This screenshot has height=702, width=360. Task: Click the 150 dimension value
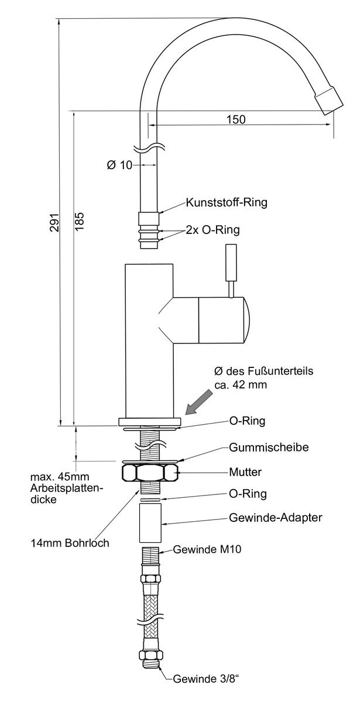[235, 119]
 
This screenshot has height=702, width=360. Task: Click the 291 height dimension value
[53, 223]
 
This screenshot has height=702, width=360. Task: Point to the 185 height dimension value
[80, 223]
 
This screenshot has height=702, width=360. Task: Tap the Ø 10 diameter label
[120, 166]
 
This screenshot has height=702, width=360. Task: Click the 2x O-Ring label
[212, 230]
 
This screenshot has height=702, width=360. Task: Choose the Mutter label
[246, 472]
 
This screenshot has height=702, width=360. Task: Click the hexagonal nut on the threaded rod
[149, 472]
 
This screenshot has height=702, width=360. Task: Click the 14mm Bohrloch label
[70, 543]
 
